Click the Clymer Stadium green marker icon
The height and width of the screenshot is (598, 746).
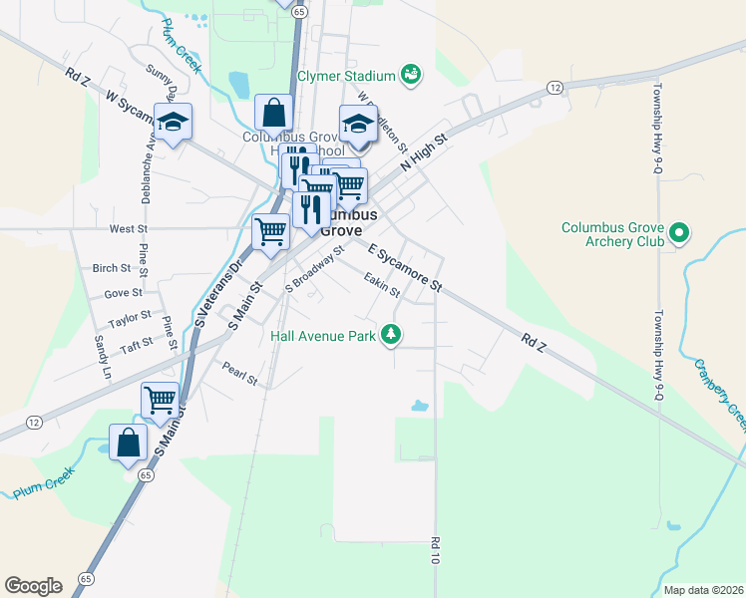410,75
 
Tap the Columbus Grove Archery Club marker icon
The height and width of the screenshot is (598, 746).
680,235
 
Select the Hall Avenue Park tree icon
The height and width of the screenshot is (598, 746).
394,335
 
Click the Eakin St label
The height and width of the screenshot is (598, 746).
381,285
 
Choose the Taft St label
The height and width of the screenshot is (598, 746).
136,344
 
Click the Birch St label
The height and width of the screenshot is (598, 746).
111,268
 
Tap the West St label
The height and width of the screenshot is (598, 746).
129,229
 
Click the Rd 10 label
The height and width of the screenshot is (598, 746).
436,551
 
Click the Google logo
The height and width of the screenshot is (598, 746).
33,586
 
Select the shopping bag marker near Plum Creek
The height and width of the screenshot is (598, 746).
129,442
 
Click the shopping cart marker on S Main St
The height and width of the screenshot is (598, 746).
160,400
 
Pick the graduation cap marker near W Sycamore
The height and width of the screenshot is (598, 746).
173,122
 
